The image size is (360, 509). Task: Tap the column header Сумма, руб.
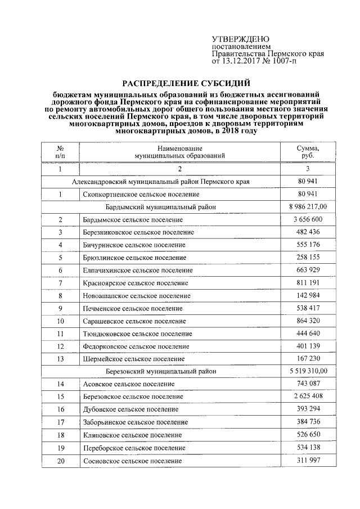click(x=308, y=151)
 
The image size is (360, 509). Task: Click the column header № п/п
click(x=60, y=151)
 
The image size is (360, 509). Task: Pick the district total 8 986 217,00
click(x=308, y=207)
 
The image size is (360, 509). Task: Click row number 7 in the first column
click(x=60, y=283)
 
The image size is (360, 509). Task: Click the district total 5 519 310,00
click(x=308, y=371)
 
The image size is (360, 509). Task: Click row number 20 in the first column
click(x=60, y=461)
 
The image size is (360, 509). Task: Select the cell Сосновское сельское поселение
click(x=132, y=461)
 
